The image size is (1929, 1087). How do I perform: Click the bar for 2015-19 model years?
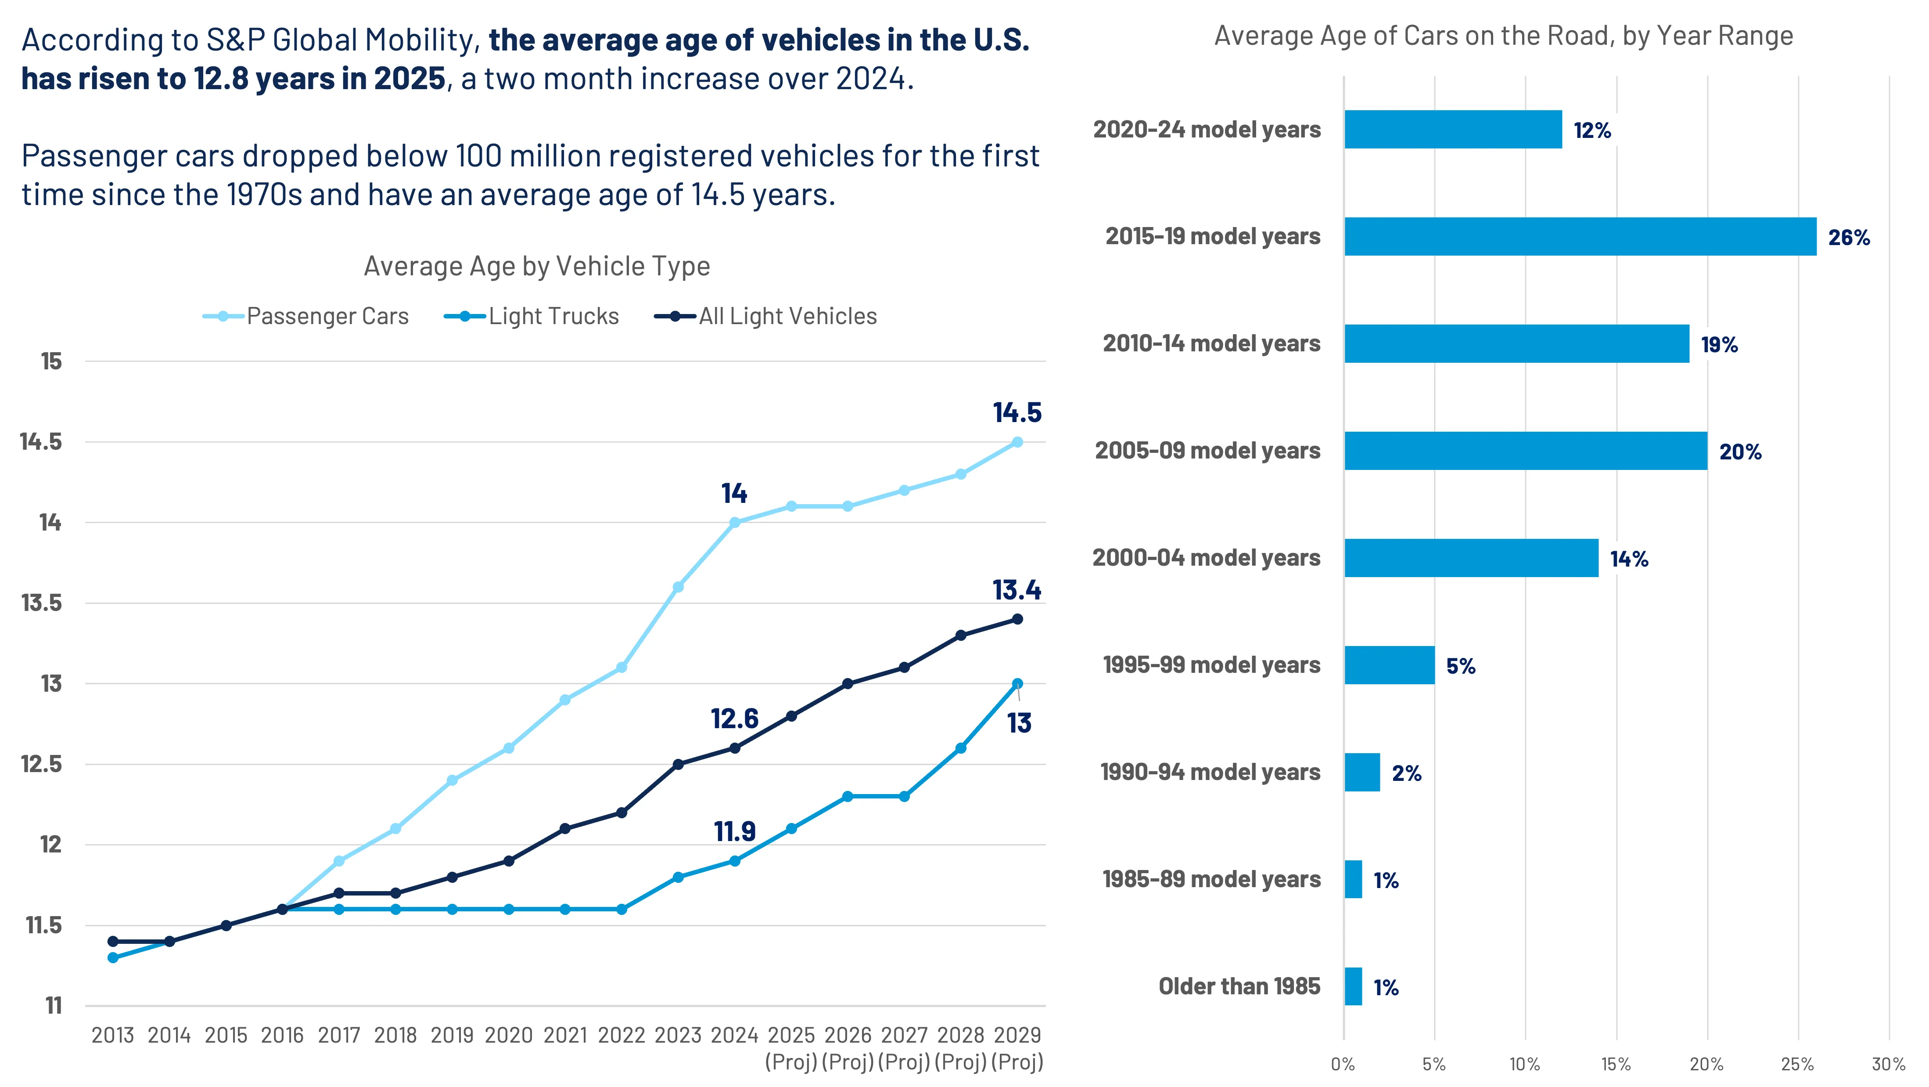click(x=1580, y=237)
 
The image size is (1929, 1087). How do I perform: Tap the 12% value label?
click(x=1592, y=130)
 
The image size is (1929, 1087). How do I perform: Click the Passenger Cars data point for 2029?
click(x=1017, y=442)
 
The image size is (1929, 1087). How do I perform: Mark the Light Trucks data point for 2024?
click(x=735, y=861)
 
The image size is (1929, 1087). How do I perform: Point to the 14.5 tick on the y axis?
click(x=41, y=442)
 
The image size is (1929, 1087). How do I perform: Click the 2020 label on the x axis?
click(x=508, y=1035)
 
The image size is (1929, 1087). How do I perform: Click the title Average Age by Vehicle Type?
click(x=536, y=267)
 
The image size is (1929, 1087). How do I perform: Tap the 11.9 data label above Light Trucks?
click(x=735, y=831)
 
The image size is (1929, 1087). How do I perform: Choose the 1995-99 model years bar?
click(x=1389, y=665)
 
